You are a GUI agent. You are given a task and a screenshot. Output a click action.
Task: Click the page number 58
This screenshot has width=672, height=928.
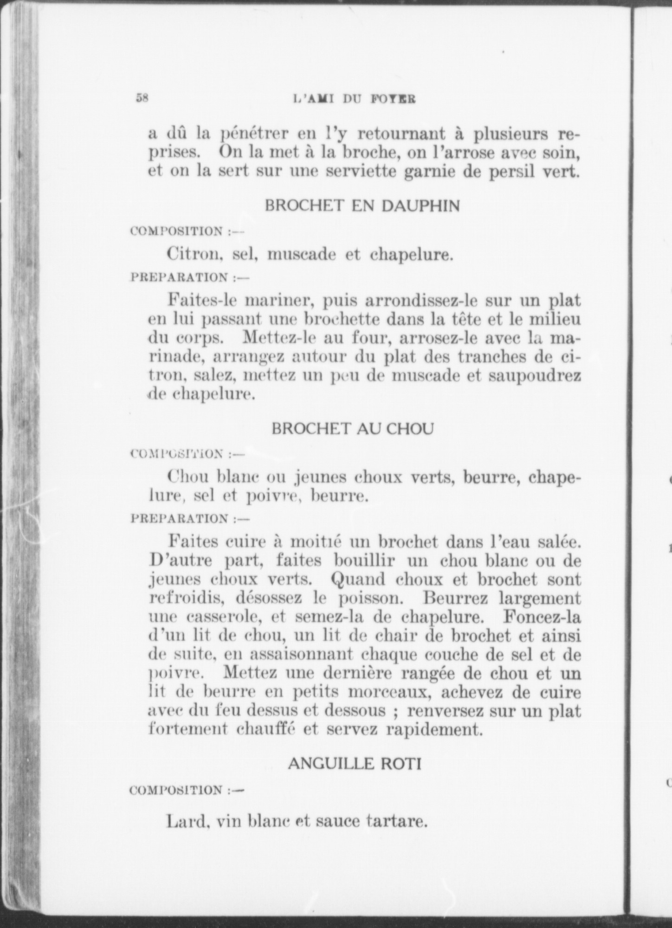pyautogui.click(x=142, y=98)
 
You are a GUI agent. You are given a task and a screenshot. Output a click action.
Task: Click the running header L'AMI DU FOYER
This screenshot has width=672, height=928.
pyautogui.click(x=354, y=99)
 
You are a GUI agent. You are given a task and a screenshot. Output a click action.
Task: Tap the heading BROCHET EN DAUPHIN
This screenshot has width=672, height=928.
pyautogui.click(x=362, y=206)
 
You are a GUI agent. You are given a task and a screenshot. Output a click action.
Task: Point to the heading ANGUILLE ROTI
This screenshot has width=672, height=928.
pyautogui.click(x=355, y=763)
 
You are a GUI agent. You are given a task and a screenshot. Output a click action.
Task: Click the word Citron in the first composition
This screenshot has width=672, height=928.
pyautogui.click(x=189, y=254)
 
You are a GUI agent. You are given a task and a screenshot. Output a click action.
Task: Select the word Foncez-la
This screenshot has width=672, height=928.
pyautogui.click(x=541, y=617)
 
